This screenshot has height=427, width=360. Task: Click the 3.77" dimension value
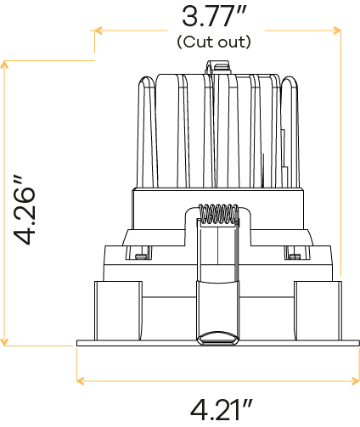215,16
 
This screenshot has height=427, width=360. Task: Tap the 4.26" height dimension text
25,211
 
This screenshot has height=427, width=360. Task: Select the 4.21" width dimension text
222,409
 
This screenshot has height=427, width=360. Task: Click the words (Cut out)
214,42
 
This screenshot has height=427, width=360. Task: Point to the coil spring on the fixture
218,214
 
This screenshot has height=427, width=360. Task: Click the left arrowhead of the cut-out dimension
98,31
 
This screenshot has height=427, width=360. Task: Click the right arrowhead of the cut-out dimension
337,31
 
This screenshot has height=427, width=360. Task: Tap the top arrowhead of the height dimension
4,65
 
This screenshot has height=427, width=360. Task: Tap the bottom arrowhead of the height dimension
4,342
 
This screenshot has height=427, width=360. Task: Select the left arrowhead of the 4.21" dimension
81,381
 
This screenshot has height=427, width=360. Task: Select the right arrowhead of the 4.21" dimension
356,381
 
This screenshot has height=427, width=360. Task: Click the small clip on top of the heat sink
217,67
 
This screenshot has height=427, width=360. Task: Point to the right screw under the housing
295,256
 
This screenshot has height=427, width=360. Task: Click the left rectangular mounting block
118,311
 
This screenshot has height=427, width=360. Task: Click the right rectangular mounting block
318,311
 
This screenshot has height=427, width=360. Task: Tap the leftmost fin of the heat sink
147,132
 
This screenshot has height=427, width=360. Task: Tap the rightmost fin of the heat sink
290,132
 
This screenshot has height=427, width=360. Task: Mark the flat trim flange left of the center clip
137,343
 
